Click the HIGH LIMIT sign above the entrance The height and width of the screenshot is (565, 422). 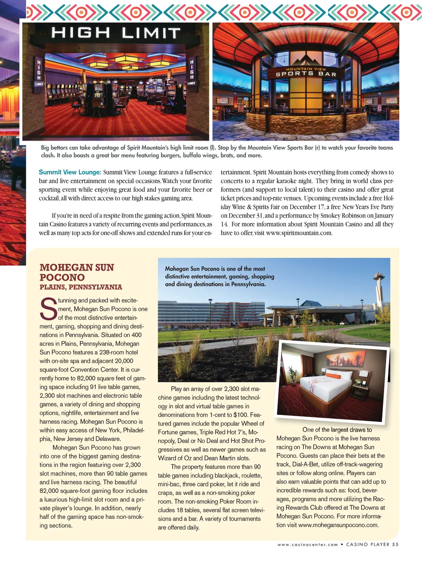click(x=116, y=33)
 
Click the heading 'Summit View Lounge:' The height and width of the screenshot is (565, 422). click(x=70, y=172)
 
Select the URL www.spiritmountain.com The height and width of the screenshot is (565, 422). click(x=299, y=233)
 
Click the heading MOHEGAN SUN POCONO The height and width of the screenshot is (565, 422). click(x=77, y=272)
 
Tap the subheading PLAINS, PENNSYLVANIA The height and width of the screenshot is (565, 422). click(x=81, y=287)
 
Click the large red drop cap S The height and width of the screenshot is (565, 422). click(x=49, y=309)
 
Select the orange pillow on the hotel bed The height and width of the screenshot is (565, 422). click(x=333, y=376)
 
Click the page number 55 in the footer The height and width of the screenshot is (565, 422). click(x=395, y=544)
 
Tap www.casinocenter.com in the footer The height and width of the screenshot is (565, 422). click(x=307, y=545)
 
